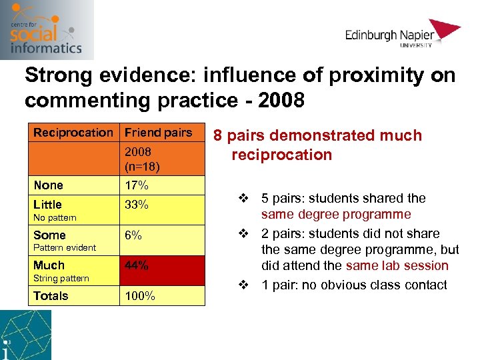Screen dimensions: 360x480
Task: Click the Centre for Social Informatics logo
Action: pos(46,30)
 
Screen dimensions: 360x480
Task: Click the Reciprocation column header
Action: pos(73,133)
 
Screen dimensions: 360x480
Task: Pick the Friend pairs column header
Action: pos(158,133)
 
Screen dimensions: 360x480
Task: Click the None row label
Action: pos(48,185)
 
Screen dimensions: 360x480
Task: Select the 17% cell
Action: pos(137,185)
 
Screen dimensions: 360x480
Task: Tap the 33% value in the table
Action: pos(137,205)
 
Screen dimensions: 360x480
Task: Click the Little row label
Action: pos(47,205)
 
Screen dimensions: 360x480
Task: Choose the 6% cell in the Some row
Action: pos(134,235)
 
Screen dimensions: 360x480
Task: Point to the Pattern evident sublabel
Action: pos(65,247)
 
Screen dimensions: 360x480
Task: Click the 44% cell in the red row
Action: pos(137,265)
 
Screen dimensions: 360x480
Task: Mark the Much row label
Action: pos(49,265)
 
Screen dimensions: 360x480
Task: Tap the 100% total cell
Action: pos(140,296)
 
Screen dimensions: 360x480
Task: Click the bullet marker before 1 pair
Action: pos(244,285)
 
